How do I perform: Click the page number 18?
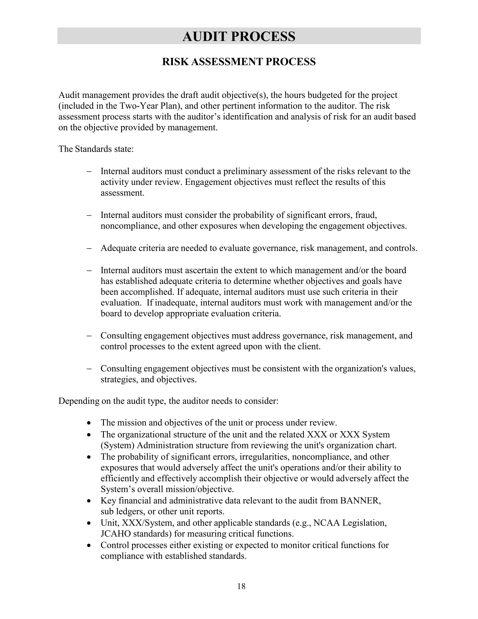[x=241, y=586]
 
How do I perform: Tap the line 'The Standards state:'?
[x=96, y=149]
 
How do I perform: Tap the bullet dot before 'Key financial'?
[x=89, y=501]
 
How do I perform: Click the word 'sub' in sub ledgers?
[x=106, y=512]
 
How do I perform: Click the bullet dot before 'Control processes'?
[x=89, y=546]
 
